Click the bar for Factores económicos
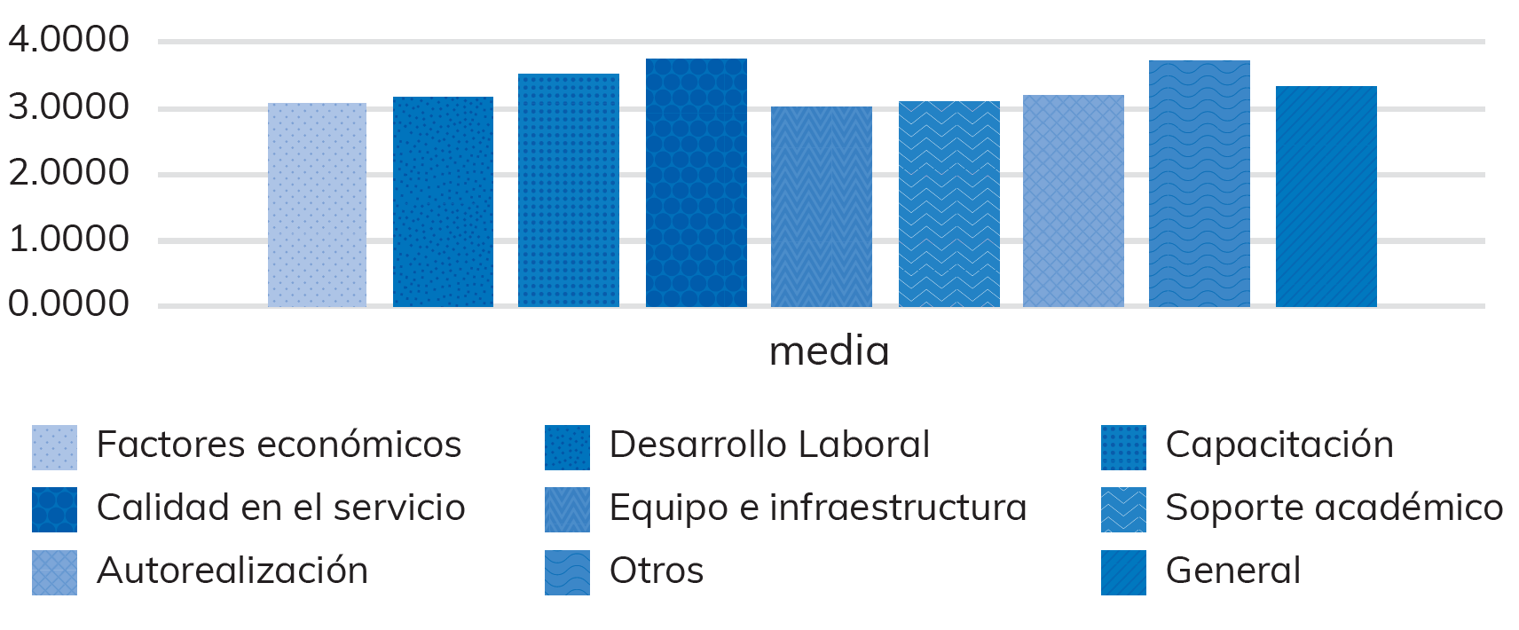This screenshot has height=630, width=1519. click(x=317, y=205)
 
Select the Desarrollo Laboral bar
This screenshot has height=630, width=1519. click(x=443, y=202)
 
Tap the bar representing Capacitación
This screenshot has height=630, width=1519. click(x=569, y=191)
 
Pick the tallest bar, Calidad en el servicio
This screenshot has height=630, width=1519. click(x=697, y=183)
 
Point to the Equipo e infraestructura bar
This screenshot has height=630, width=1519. click(x=822, y=207)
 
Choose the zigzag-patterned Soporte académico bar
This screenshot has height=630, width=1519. click(x=949, y=204)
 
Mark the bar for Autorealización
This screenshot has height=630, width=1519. click(x=1074, y=201)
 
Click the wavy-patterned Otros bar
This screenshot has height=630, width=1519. click(x=1200, y=184)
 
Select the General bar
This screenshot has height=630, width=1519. click(x=1326, y=197)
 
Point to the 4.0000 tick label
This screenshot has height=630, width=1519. click(x=68, y=39)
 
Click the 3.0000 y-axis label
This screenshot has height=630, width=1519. click(x=68, y=106)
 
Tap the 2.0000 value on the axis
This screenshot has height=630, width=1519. click(x=68, y=172)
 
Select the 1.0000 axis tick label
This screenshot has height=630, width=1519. click(x=68, y=239)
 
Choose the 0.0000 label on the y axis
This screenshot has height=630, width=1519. click(x=68, y=303)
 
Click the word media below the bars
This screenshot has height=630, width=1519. click(x=829, y=351)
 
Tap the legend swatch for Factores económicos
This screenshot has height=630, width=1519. click(x=54, y=447)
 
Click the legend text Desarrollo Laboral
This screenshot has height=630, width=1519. click(x=769, y=445)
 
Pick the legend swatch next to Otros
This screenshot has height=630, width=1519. click(x=567, y=572)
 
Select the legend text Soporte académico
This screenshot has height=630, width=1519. click(x=1334, y=508)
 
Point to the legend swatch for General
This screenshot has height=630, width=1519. click(x=1123, y=572)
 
